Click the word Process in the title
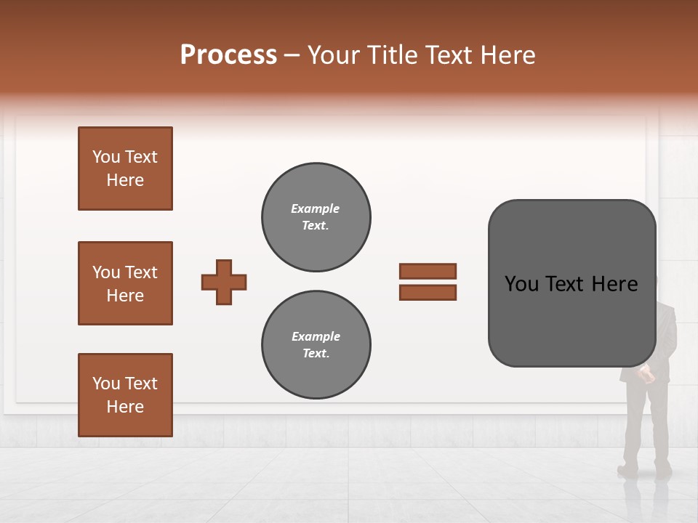228,55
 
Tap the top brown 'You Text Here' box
125,169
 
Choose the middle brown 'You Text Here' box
125,283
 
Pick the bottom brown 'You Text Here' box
125,395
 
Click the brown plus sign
224,282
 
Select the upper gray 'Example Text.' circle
316,217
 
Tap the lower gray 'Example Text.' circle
316,345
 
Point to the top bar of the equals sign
428,271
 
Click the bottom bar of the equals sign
428,292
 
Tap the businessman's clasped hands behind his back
646,373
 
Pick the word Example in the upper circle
316,208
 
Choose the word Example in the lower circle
316,336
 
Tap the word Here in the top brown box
125,180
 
